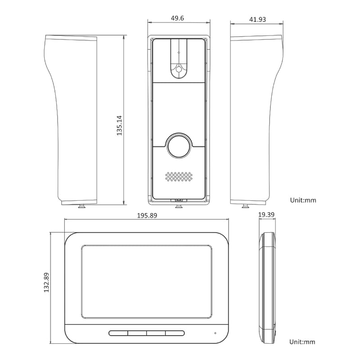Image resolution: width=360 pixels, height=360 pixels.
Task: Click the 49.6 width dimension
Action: pos(177,18)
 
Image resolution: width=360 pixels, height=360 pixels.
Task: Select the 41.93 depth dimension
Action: pos(257,19)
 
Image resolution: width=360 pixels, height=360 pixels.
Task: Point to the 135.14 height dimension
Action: pos(119,126)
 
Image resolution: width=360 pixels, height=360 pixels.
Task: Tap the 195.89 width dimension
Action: pos(147,216)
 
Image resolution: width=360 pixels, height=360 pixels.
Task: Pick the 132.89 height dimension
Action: pos(46,283)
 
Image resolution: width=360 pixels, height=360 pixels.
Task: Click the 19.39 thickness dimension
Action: pos(266,215)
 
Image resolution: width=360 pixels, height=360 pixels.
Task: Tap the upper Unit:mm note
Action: pos(303,200)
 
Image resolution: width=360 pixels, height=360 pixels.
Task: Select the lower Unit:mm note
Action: pos(302,342)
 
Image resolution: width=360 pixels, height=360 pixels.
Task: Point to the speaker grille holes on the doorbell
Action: pos(179,176)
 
